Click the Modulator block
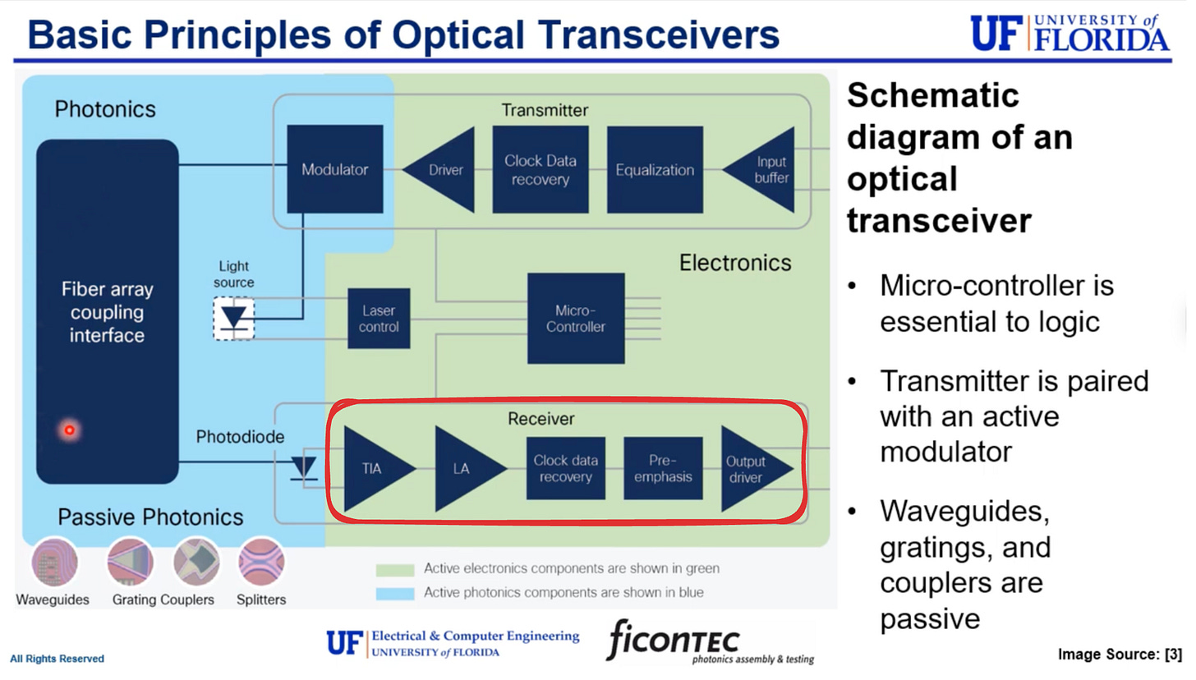[x=334, y=169]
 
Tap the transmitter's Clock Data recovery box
[x=540, y=169]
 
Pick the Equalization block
[x=655, y=169]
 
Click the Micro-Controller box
[x=575, y=318]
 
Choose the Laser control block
[x=379, y=318]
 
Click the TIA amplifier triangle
[x=374, y=468]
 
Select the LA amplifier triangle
[x=464, y=468]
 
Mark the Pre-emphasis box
[x=663, y=468]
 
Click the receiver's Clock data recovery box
[x=565, y=468]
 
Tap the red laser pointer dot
[x=70, y=430]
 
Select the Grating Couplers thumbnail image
[x=131, y=563]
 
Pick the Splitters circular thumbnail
[x=261, y=563]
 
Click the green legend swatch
[x=394, y=569]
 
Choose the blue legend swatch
[x=394, y=592]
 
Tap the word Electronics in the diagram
[x=735, y=263]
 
